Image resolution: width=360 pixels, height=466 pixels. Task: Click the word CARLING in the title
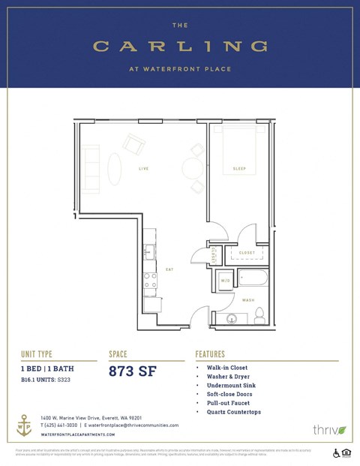point(180,47)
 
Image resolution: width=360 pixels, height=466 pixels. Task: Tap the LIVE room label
point(143,169)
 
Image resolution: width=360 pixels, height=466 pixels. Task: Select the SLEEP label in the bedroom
point(239,169)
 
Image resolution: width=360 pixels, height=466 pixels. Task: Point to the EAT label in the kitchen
point(169,268)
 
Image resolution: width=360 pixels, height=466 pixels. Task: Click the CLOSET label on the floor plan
point(247,253)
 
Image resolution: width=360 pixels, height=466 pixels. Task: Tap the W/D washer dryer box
point(226,281)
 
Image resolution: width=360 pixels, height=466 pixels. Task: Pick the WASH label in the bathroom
point(247,300)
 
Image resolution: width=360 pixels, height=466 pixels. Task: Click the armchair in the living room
point(134,143)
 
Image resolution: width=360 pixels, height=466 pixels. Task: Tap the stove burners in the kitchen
point(151,280)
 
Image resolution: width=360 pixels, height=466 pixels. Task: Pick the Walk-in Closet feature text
point(226,368)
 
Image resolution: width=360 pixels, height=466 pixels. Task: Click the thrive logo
point(328,430)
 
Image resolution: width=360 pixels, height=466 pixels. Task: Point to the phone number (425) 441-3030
point(61,425)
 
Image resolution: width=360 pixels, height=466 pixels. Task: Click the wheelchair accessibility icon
point(336,452)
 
